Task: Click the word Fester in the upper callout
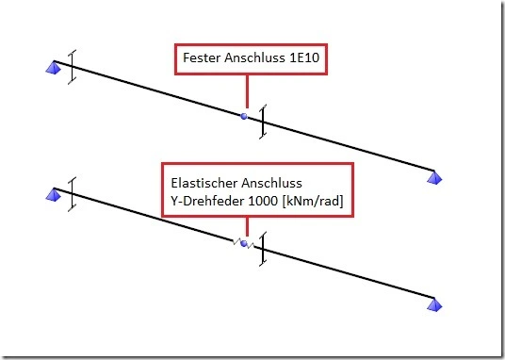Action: coord(203,57)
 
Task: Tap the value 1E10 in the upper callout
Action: coord(304,57)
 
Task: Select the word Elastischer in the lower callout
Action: coord(204,183)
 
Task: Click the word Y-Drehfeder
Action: coord(208,201)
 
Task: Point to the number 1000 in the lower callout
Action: coord(263,201)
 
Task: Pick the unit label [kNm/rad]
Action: coord(313,201)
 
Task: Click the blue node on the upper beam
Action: coord(244,116)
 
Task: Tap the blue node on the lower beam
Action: coord(244,244)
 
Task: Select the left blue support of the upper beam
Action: coord(54,68)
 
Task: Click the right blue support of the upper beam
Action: coord(434,177)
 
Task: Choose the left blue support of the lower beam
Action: coord(54,195)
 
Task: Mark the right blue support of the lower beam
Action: coord(434,304)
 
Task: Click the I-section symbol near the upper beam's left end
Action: coord(73,67)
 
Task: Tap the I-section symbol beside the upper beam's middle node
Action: coord(263,122)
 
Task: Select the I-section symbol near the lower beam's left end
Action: coord(73,194)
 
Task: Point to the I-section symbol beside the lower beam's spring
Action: coord(263,249)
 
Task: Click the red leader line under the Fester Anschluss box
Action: coord(247,91)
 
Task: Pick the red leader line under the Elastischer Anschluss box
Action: coord(247,226)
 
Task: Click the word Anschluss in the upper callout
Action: coord(255,57)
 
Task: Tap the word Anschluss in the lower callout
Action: coord(271,183)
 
